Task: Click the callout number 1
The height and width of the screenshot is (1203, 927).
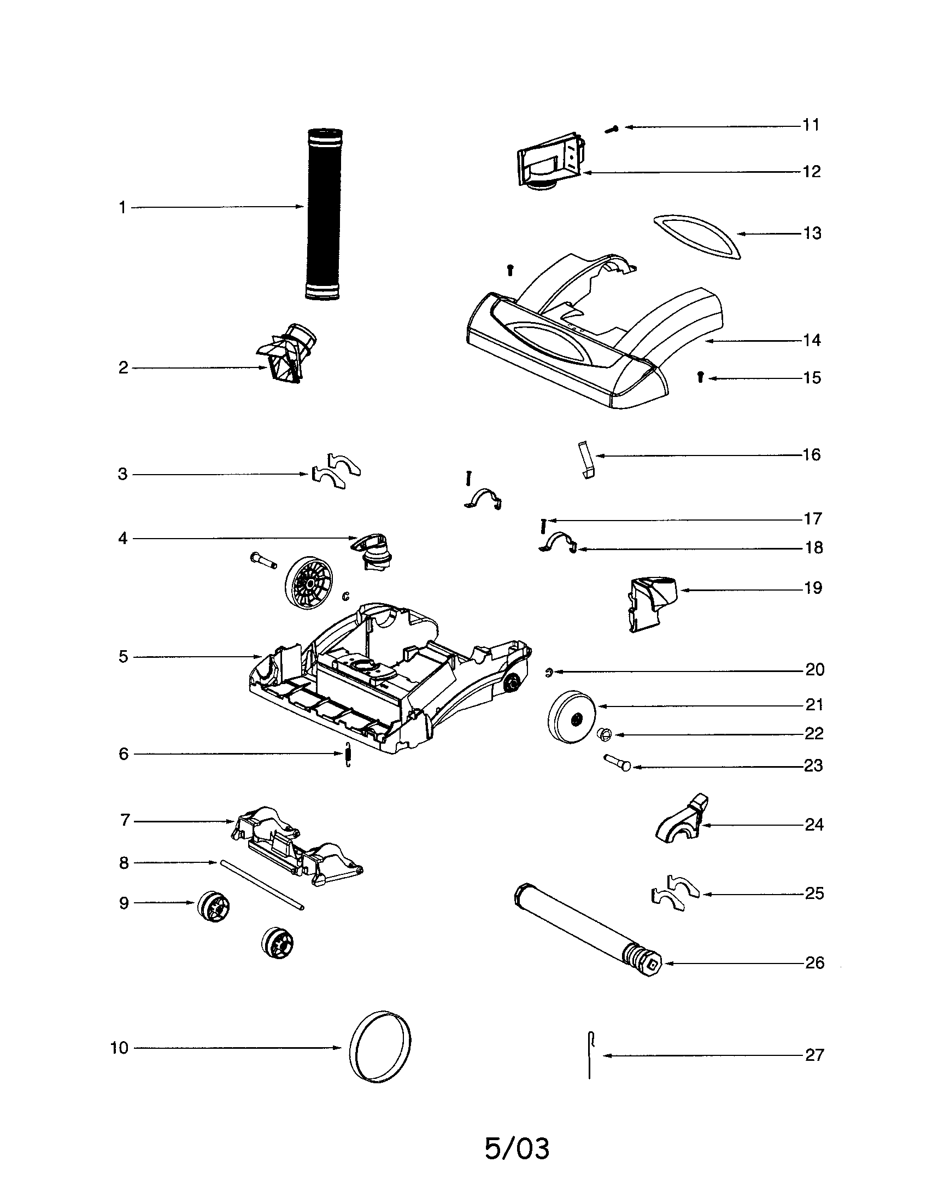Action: click(122, 208)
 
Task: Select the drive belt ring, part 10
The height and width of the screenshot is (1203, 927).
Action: click(380, 1047)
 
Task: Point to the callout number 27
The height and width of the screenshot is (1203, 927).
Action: click(814, 1055)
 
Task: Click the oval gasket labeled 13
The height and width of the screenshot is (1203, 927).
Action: click(697, 236)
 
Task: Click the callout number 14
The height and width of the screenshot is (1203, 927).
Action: click(812, 341)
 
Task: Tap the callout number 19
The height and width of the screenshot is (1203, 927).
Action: click(813, 588)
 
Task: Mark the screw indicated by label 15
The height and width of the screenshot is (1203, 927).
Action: click(700, 377)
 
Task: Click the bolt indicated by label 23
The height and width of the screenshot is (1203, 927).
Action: click(618, 762)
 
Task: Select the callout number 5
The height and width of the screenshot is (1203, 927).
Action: click(124, 657)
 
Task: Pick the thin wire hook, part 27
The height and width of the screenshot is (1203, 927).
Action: click(590, 1054)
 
